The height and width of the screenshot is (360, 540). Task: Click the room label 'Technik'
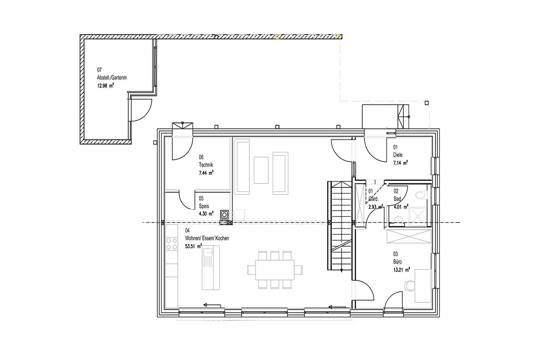pyautogui.click(x=206, y=165)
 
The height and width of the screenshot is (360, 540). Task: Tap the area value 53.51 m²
pyautogui.click(x=193, y=246)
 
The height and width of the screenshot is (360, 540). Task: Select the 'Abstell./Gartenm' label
pyautogui.click(x=112, y=78)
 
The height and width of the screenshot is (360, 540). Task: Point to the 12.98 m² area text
pyautogui.click(x=106, y=85)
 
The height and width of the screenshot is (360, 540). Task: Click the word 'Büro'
pyautogui.click(x=397, y=261)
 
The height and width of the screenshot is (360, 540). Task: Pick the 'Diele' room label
pyautogui.click(x=398, y=155)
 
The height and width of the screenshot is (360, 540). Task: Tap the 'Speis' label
pyautogui.click(x=204, y=206)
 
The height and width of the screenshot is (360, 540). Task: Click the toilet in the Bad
pyautogui.click(x=421, y=195)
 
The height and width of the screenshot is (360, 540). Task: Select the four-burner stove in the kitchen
pyautogui.click(x=171, y=243)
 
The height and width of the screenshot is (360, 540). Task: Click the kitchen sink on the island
pyautogui.click(x=208, y=257)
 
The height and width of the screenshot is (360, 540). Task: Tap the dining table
pyautogui.click(x=275, y=270)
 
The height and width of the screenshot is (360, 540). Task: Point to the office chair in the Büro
pyautogui.click(x=409, y=286)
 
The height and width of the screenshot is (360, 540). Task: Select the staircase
pyautogui.click(x=339, y=226)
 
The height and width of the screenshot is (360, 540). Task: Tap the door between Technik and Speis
pyautogui.click(x=187, y=200)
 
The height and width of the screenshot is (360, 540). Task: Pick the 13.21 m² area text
pyautogui.click(x=401, y=270)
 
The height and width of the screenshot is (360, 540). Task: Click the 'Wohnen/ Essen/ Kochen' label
pyautogui.click(x=207, y=238)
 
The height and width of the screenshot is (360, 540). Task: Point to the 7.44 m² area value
pyautogui.click(x=206, y=173)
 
